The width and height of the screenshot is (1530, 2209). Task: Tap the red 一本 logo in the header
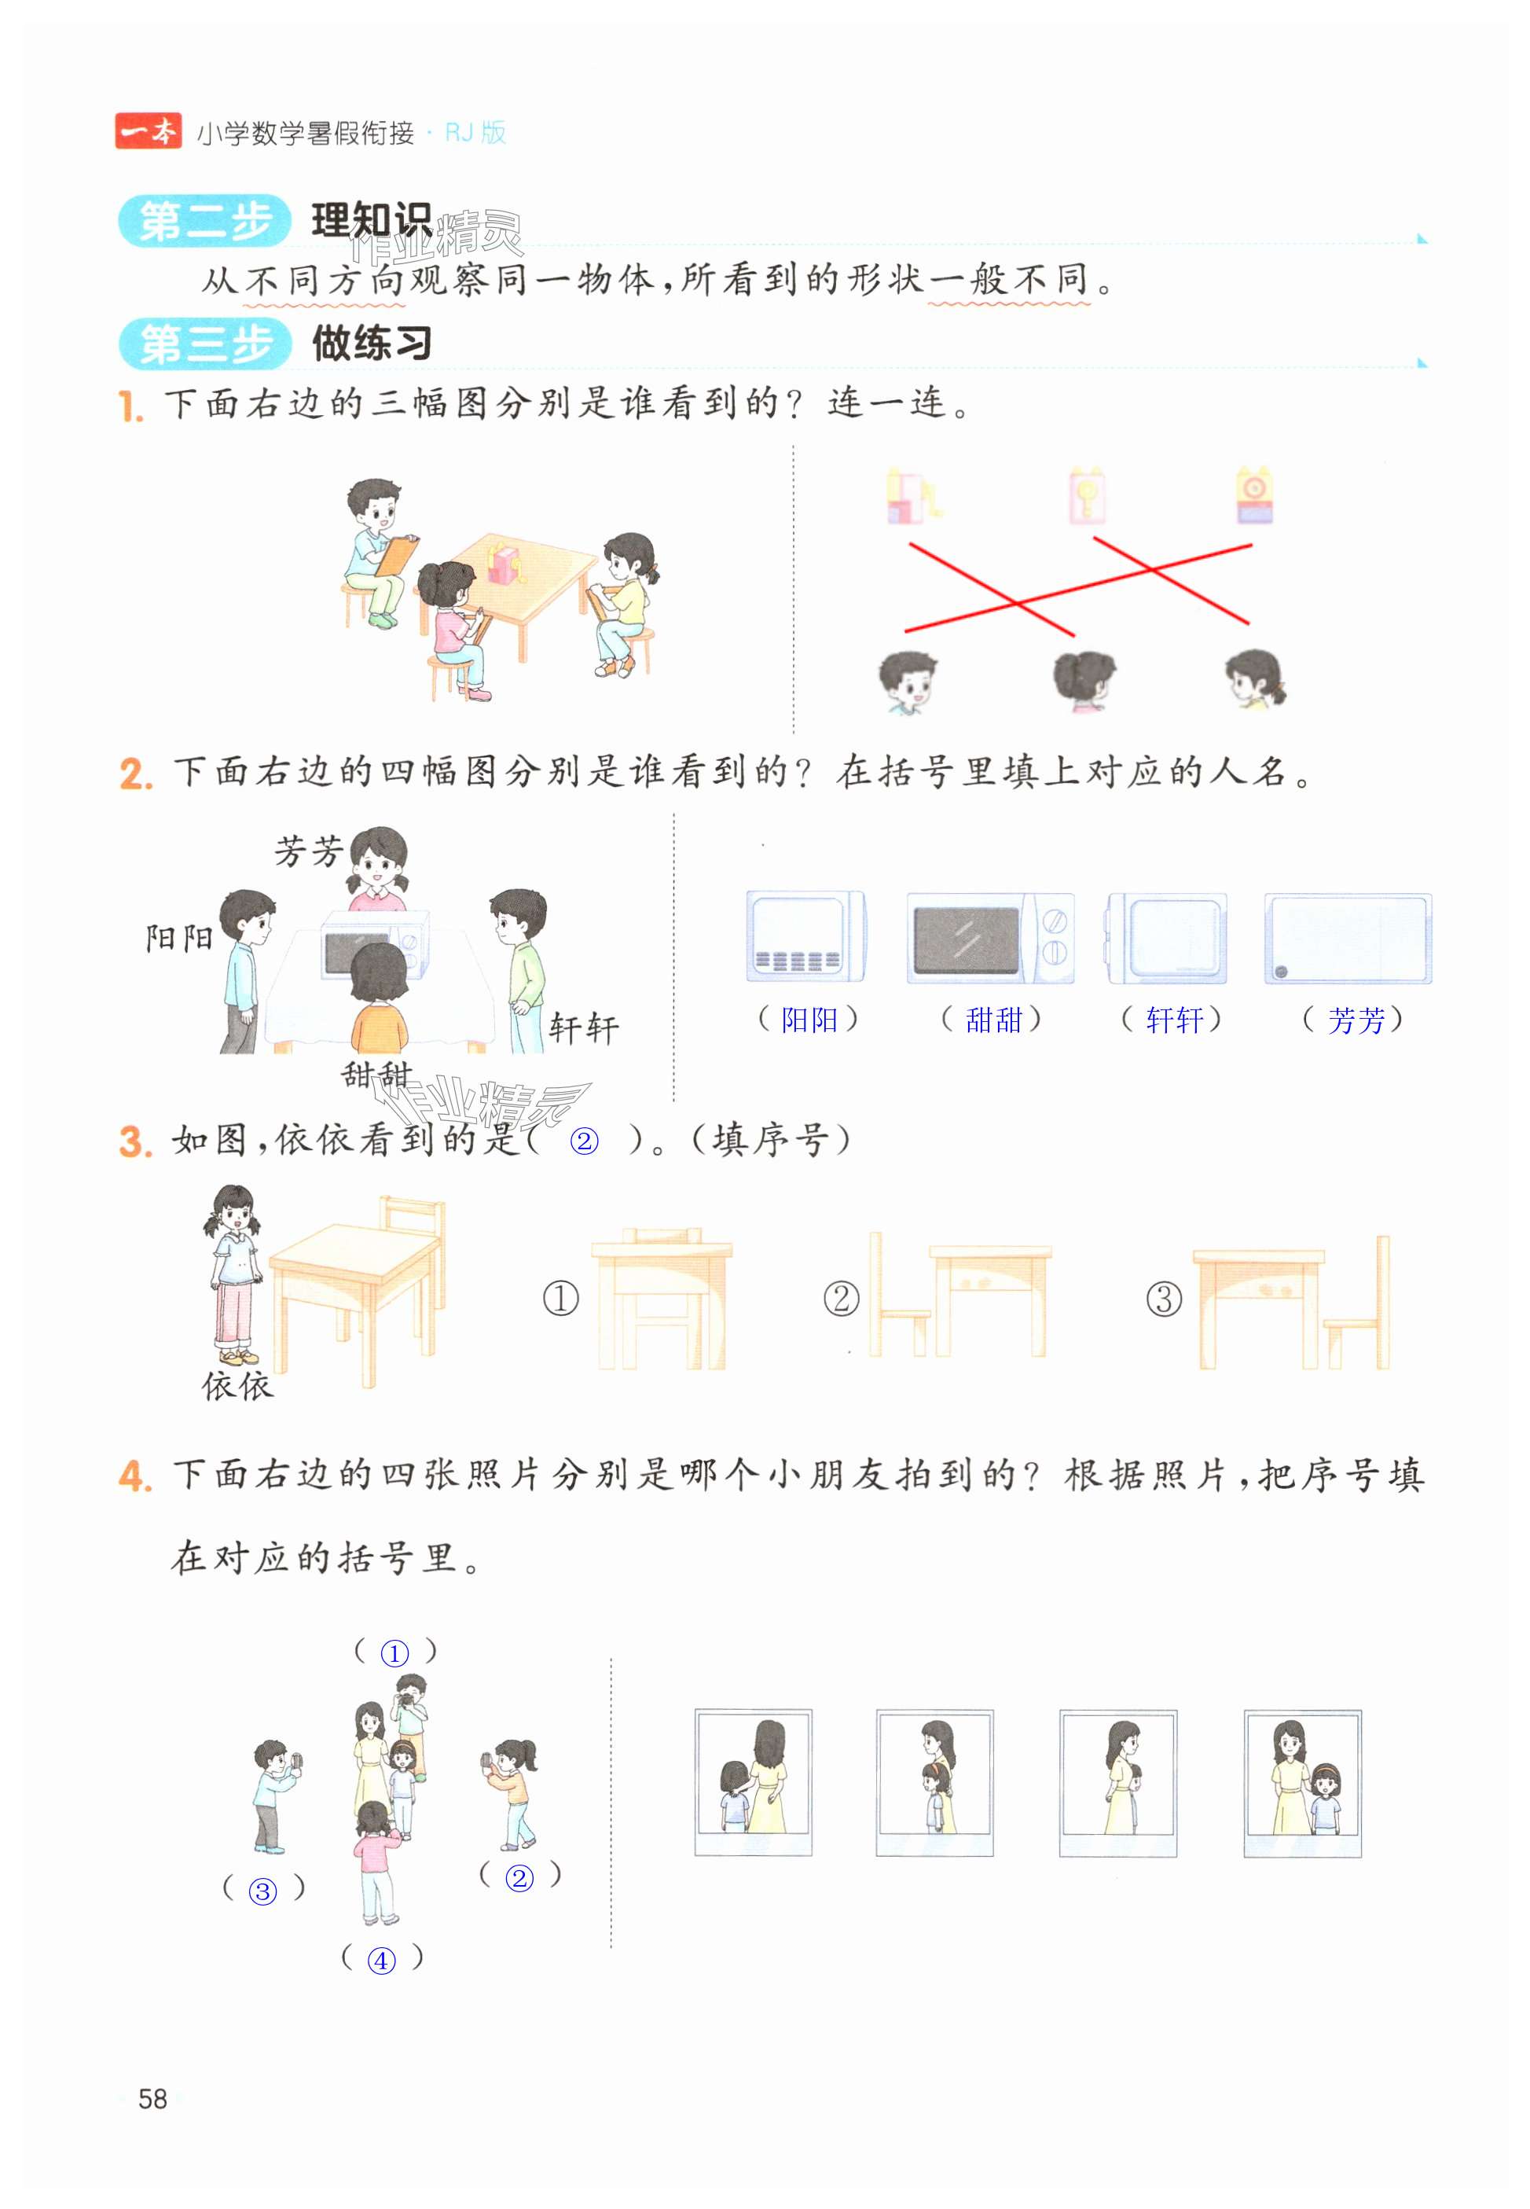pyautogui.click(x=149, y=131)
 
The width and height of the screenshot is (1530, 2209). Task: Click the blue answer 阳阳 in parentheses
pyautogui.click(x=809, y=1019)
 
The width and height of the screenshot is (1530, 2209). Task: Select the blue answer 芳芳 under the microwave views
pyautogui.click(x=1356, y=1019)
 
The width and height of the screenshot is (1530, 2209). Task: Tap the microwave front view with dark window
pyautogui.click(x=990, y=938)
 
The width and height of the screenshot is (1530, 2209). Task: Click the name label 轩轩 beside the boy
pyautogui.click(x=584, y=1029)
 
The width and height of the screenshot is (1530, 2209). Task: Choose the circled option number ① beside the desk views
pyautogui.click(x=561, y=1299)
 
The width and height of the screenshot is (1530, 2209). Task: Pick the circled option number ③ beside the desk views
pyautogui.click(x=1164, y=1299)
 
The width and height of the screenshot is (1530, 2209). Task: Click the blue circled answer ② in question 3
pyautogui.click(x=584, y=1141)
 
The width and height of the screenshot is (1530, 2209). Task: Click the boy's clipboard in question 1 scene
pyautogui.click(x=397, y=556)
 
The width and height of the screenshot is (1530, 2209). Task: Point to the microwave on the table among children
pyautogui.click(x=374, y=943)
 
